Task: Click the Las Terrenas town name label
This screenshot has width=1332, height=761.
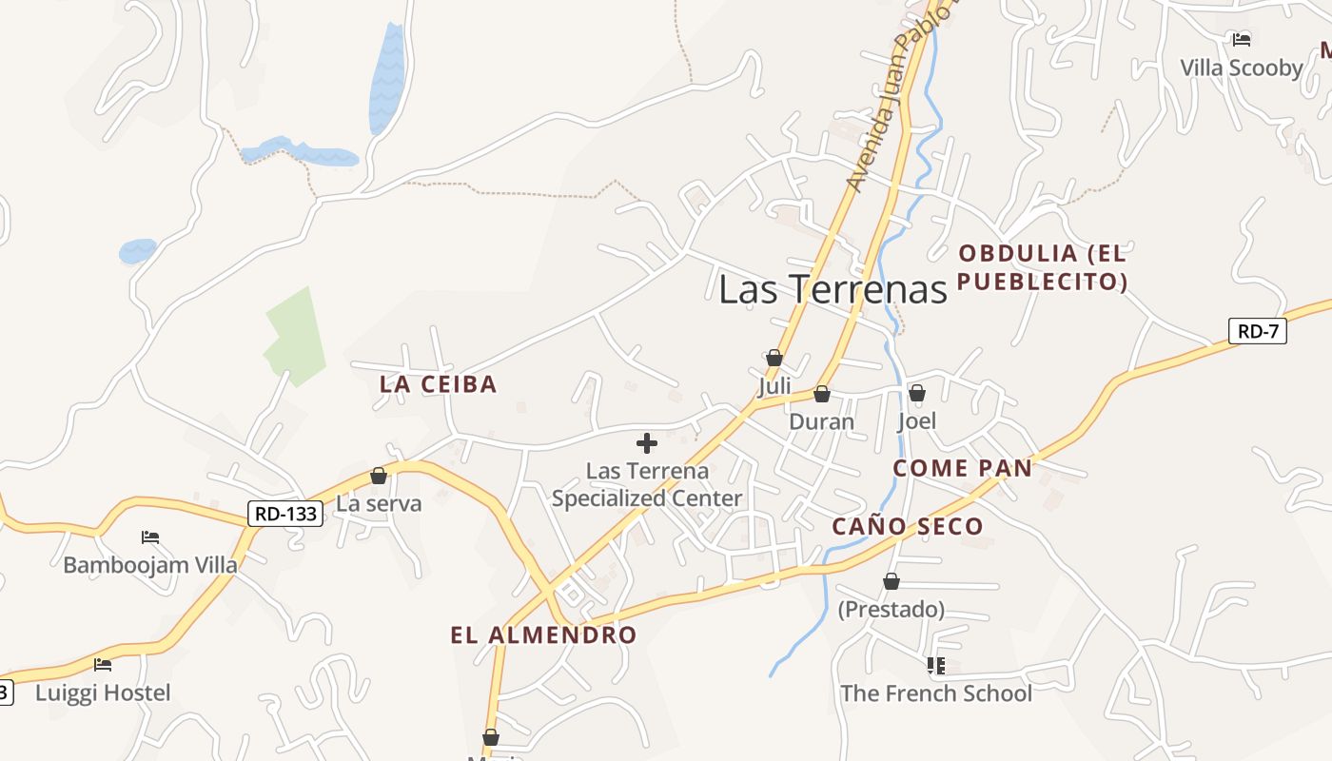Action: pyautogui.click(x=832, y=289)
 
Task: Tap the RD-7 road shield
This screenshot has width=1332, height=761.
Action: pyautogui.click(x=1257, y=331)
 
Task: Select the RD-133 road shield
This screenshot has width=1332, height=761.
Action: pyautogui.click(x=285, y=514)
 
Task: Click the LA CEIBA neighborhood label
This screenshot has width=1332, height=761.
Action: pyautogui.click(x=439, y=384)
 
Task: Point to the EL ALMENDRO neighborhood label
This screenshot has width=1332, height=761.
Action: pyautogui.click(x=543, y=635)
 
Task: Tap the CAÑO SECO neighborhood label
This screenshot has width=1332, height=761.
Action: pyautogui.click(x=908, y=526)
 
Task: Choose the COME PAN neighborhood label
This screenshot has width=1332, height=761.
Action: pyautogui.click(x=962, y=468)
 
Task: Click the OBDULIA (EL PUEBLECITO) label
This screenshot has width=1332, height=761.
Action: pyautogui.click(x=1043, y=267)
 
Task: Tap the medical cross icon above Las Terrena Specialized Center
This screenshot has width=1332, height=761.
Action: pyautogui.click(x=647, y=442)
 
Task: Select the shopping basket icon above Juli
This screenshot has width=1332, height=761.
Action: pyautogui.click(x=774, y=358)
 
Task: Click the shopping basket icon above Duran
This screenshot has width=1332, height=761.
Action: pyautogui.click(x=822, y=393)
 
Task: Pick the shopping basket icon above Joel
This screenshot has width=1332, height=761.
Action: pyautogui.click(x=917, y=392)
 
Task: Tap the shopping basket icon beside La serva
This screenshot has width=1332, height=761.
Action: pyautogui.click(x=379, y=475)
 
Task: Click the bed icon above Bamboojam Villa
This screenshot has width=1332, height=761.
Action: pyautogui.click(x=149, y=537)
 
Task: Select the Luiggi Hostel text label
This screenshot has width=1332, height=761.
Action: pyautogui.click(x=103, y=693)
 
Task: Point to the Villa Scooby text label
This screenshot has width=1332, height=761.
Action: pyautogui.click(x=1241, y=68)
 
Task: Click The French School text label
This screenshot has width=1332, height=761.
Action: pyautogui.click(x=935, y=693)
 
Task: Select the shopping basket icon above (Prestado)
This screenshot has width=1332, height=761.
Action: pyautogui.click(x=891, y=581)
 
